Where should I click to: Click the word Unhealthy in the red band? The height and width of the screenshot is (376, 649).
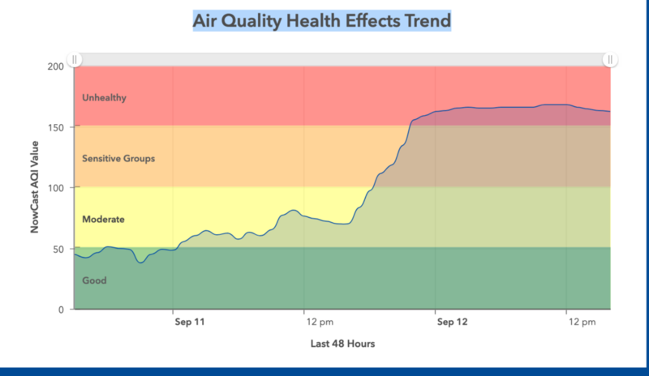(105, 98)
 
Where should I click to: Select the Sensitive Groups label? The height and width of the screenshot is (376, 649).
(118, 159)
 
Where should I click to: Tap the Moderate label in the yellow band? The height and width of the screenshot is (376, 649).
(104, 220)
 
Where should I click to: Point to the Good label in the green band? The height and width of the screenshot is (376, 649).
(94, 281)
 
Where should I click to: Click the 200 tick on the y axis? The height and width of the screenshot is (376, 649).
(56, 66)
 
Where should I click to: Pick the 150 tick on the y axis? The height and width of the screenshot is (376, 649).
(56, 126)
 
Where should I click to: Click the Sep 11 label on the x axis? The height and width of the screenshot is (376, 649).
(189, 322)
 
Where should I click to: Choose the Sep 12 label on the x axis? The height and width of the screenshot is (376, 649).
(452, 322)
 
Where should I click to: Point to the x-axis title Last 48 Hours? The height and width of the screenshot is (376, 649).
(342, 344)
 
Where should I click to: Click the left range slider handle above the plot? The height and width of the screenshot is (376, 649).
(75, 59)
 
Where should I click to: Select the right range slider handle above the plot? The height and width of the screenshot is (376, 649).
(610, 59)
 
